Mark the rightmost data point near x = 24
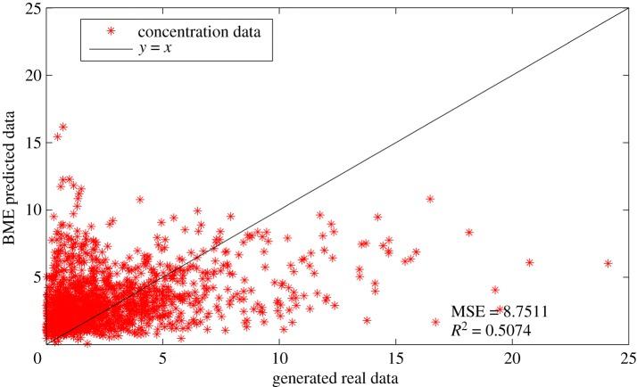pos(608,264)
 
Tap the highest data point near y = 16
pos(62,128)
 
